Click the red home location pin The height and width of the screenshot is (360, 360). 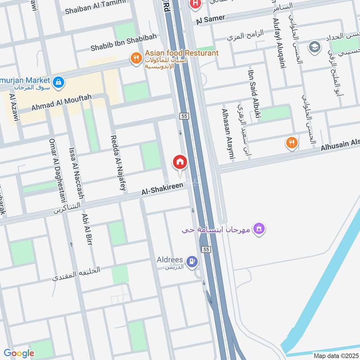click(x=180, y=162)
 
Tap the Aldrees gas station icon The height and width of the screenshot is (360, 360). click(x=193, y=261)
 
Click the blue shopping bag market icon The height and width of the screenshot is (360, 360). click(x=58, y=82)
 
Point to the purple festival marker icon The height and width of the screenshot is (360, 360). click(x=259, y=229)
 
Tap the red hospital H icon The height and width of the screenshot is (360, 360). click(x=195, y=5)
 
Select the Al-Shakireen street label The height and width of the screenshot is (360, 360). click(x=162, y=189)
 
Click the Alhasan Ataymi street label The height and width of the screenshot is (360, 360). click(x=229, y=134)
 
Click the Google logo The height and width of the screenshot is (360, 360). click(x=19, y=353)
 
